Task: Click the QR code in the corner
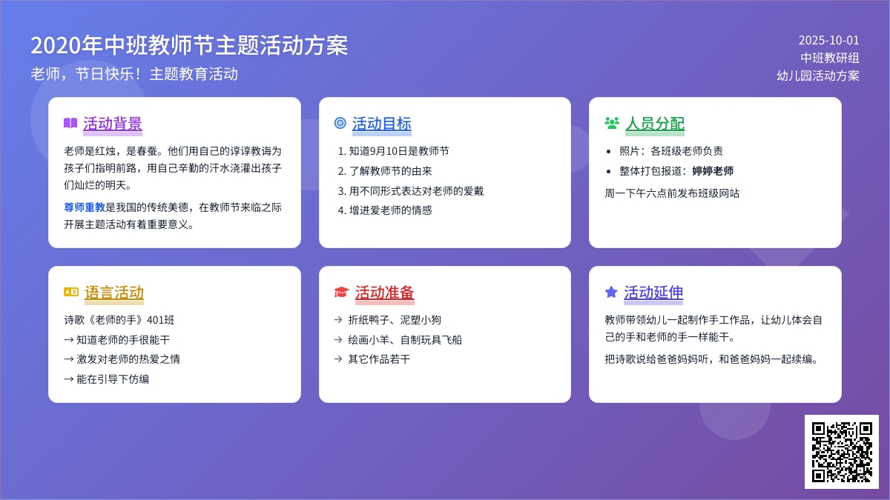point(842,452)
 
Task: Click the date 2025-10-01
point(829,41)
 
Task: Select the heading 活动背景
point(113,124)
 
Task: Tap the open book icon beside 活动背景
point(70,123)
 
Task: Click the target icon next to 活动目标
point(340,123)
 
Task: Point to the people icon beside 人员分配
point(612,123)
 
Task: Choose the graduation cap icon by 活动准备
point(341,292)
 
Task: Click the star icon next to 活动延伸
point(611,292)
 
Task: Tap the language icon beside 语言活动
point(71,292)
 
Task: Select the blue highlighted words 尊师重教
point(85,207)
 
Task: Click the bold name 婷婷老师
point(713,171)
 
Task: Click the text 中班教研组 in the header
point(830,58)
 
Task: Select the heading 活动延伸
point(653,293)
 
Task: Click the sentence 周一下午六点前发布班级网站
point(672,193)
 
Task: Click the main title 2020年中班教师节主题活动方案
point(189,45)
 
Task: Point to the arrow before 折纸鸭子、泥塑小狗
point(338,320)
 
